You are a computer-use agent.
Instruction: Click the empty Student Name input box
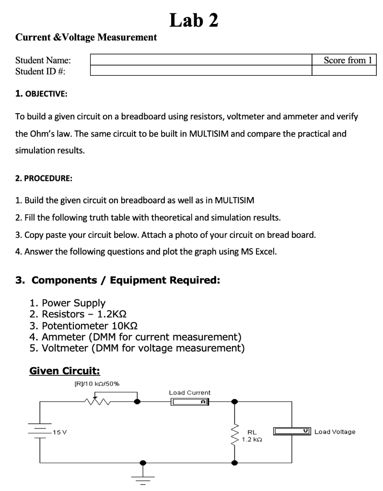click(x=201, y=60)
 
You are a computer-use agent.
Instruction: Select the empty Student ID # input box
click(x=201, y=71)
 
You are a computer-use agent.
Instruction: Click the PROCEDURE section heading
click(x=43, y=178)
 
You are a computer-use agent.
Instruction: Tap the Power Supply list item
click(x=73, y=303)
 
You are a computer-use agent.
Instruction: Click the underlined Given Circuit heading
click(x=65, y=370)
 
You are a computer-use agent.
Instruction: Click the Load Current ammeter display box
click(x=190, y=402)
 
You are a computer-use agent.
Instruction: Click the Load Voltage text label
click(x=335, y=432)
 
